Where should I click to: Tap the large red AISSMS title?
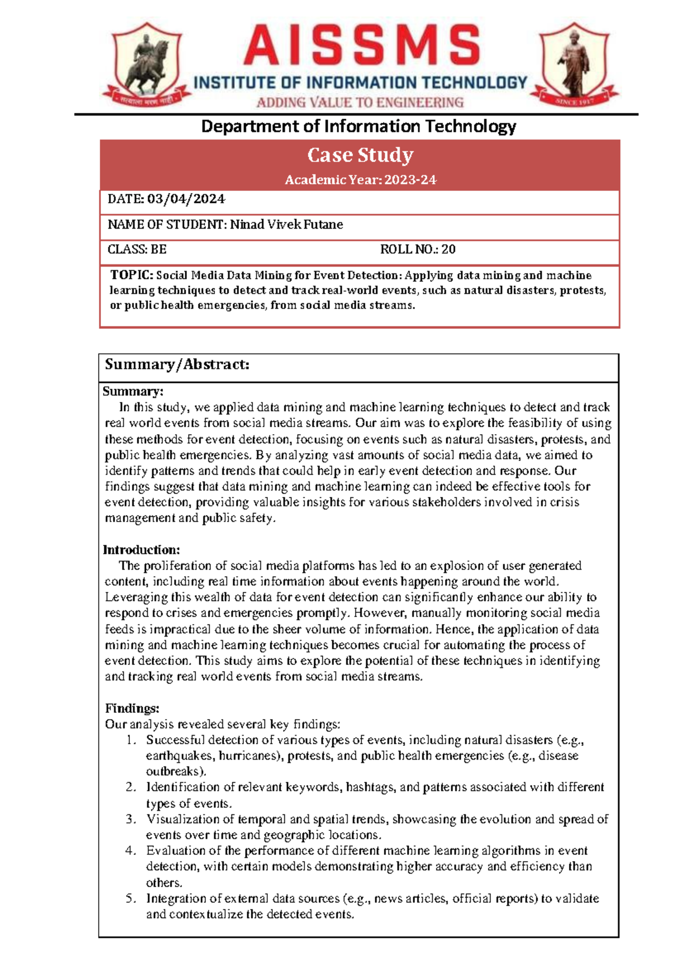[x=361, y=46]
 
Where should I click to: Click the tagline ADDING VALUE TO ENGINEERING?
[x=360, y=103]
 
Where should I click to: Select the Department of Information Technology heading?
[x=359, y=126]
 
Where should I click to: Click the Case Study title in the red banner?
[x=360, y=155]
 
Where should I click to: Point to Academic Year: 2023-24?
[x=360, y=180]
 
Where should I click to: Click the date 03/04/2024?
[x=186, y=199]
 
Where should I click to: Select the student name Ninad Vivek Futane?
[x=286, y=225]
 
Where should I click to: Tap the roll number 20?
[x=449, y=249]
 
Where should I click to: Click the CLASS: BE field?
[x=137, y=249]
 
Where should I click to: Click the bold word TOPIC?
[x=132, y=275]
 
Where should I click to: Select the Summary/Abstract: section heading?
[x=177, y=365]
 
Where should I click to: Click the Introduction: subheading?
[x=141, y=550]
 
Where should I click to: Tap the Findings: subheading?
[x=132, y=708]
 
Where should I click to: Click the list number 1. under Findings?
[x=131, y=740]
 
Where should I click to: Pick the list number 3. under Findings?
[x=131, y=819]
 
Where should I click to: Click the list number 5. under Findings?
[x=131, y=899]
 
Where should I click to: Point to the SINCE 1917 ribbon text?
[x=575, y=101]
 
